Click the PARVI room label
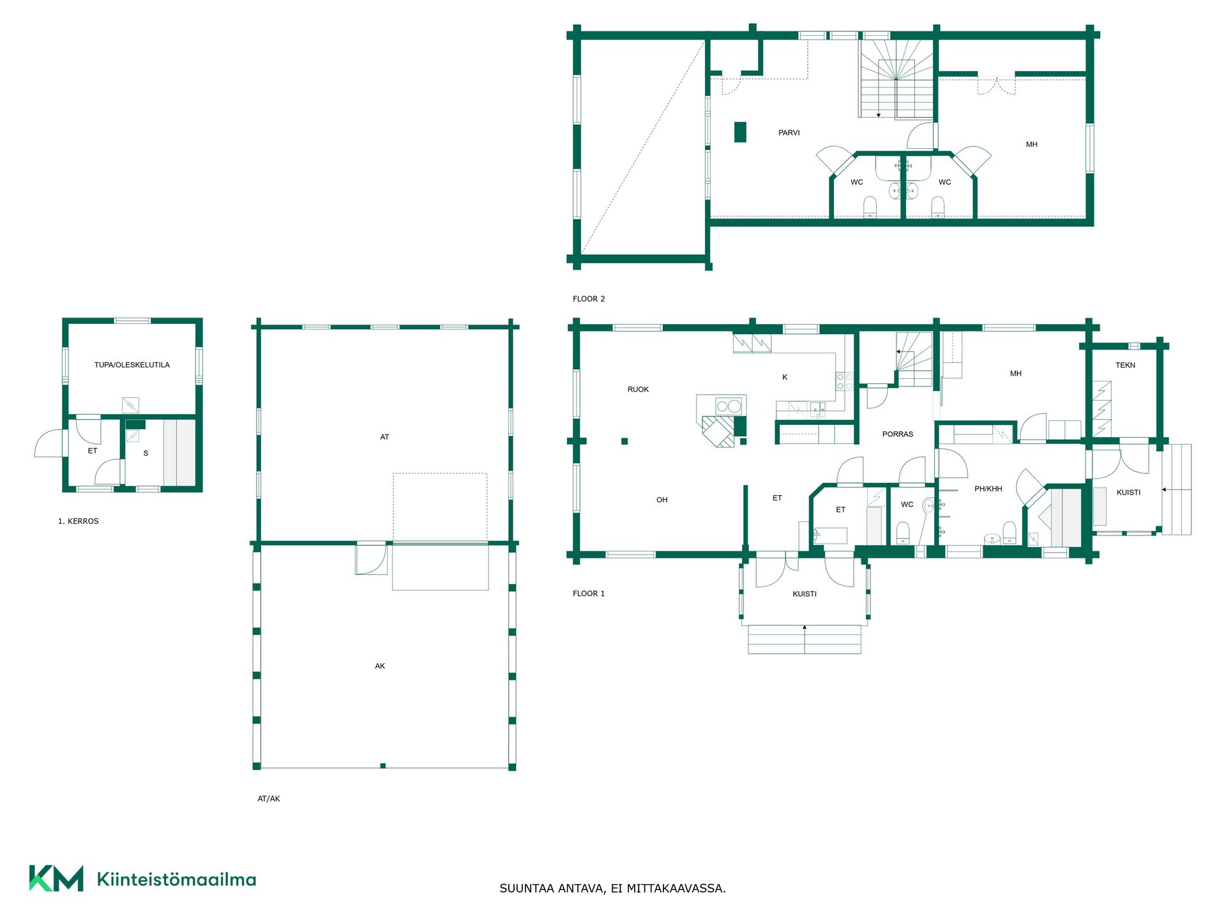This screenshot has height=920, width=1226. [x=789, y=133]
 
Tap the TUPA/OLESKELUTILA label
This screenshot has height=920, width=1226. [x=132, y=365]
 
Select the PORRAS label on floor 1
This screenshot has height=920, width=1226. [x=897, y=434]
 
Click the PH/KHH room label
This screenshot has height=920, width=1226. [x=988, y=489]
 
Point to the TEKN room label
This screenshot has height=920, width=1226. [x=1125, y=365]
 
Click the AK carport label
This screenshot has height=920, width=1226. [x=380, y=666]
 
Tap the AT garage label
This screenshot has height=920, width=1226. [x=384, y=437]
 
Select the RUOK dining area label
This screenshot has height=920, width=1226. [x=638, y=389]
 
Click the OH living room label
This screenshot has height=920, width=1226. [x=662, y=500]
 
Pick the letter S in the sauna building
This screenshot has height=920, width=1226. [x=146, y=453]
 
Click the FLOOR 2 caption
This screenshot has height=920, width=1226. [x=589, y=298]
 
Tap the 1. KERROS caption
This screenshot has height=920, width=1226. [x=79, y=521]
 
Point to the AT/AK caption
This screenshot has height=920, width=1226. [x=269, y=799]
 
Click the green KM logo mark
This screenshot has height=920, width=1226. [x=56, y=878]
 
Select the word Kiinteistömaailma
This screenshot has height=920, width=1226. [x=176, y=880]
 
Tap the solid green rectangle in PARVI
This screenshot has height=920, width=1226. [x=740, y=132]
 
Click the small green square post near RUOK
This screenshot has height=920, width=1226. [x=624, y=441]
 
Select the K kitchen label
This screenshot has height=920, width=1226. [x=785, y=377]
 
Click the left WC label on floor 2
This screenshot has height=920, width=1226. [x=856, y=182]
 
